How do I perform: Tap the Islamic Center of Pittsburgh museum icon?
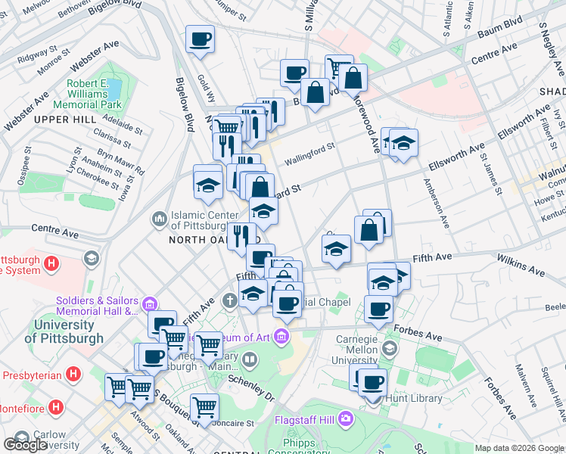[159, 219]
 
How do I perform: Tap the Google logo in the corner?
[25, 445]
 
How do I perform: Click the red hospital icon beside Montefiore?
[56, 407]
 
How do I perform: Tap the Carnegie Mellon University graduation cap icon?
[390, 349]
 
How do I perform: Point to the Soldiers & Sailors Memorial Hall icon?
[149, 305]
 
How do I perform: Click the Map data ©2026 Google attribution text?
[518, 448]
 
